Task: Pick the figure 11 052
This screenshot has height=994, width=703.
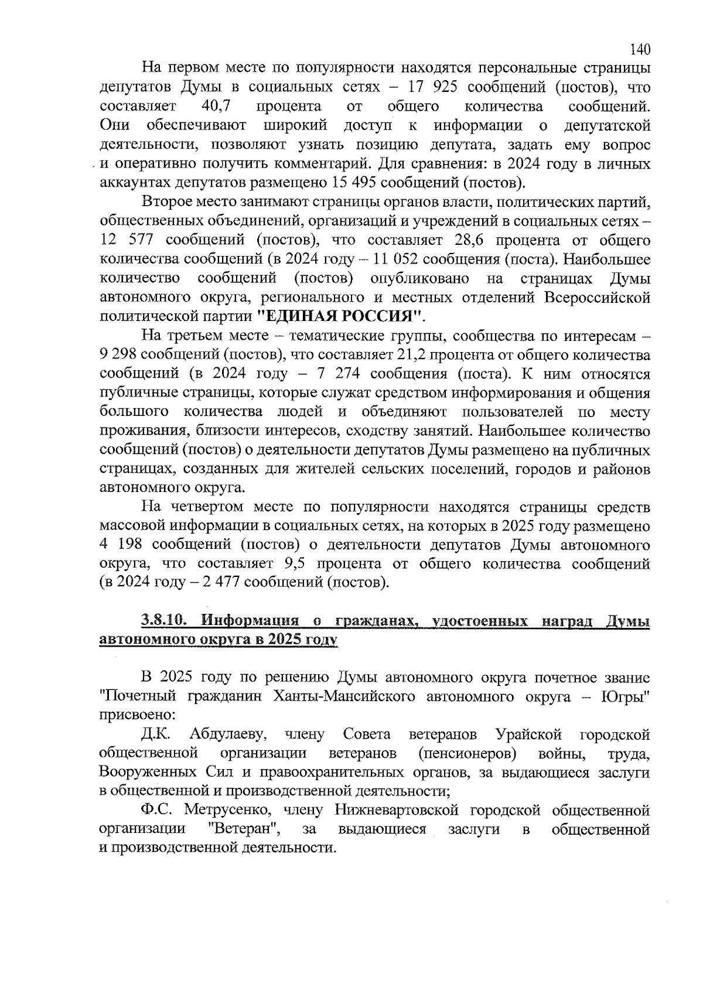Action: pos(395,259)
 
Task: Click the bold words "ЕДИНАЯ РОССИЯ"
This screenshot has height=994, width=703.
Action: pos(340,316)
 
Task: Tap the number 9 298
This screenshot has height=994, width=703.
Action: pos(120,355)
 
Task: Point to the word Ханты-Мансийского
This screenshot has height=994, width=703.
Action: pos(345,696)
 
